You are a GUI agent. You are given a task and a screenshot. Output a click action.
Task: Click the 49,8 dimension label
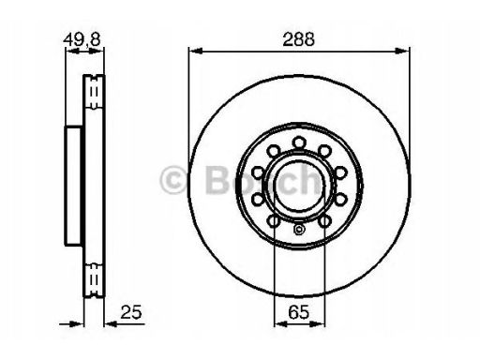point(82,39)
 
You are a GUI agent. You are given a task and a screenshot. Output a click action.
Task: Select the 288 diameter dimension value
point(298,39)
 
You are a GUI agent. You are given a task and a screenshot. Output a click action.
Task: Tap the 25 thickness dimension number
point(131,311)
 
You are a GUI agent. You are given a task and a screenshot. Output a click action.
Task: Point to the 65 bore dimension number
point(299,311)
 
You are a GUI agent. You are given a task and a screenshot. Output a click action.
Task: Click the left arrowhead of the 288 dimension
point(196,51)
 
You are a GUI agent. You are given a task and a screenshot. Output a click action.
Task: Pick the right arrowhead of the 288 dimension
point(402,51)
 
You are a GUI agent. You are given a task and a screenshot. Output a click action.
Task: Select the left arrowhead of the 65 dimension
point(280,324)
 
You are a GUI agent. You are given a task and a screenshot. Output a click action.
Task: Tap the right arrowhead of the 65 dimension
point(318,324)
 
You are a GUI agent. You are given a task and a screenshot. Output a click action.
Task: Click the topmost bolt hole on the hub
point(299,142)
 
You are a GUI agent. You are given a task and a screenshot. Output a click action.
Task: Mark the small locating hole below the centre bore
point(299,230)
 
